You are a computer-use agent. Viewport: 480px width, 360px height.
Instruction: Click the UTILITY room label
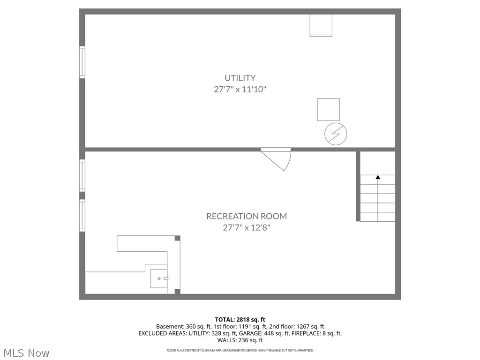coord(240,78)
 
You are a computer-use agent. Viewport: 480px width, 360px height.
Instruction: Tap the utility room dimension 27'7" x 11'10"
coord(240,89)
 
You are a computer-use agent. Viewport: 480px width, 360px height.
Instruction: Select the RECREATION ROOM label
coord(247,216)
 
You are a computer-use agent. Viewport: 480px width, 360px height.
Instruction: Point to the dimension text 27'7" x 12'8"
coord(247,227)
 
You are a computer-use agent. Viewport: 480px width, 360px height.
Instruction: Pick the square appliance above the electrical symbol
coord(328,110)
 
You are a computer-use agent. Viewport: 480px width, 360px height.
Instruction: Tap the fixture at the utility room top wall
coord(321,25)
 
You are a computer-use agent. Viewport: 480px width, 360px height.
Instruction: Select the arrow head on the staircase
coord(378,177)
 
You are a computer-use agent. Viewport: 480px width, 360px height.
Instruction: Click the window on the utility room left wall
coord(82,62)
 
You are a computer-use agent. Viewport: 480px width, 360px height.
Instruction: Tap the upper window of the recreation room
coord(82,175)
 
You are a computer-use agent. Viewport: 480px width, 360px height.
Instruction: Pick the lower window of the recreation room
coord(82,216)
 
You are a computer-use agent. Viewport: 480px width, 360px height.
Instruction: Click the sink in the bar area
coord(159,279)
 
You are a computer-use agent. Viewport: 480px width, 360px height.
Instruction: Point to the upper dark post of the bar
coord(177,238)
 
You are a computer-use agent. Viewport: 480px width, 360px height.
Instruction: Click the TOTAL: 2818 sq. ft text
coord(240,320)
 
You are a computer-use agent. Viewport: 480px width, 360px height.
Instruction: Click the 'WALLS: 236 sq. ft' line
coord(240,340)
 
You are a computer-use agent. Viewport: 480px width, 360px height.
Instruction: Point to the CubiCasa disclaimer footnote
coord(240,350)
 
